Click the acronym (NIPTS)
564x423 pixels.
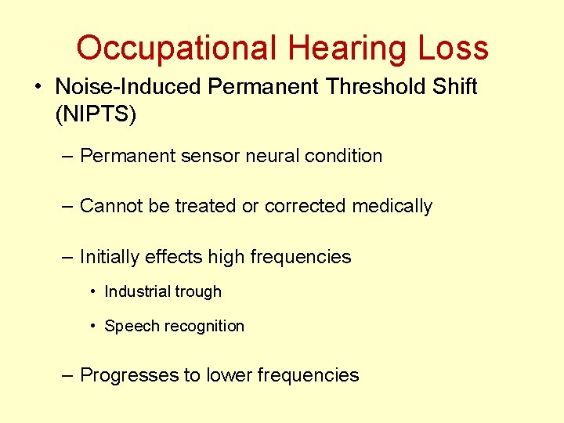point(96,114)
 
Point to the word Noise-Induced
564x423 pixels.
point(129,87)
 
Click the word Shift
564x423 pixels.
point(455,87)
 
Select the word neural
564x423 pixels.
point(273,156)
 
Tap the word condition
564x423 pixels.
point(344,156)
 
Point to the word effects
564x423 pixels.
point(169,257)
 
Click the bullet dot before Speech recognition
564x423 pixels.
point(93,326)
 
